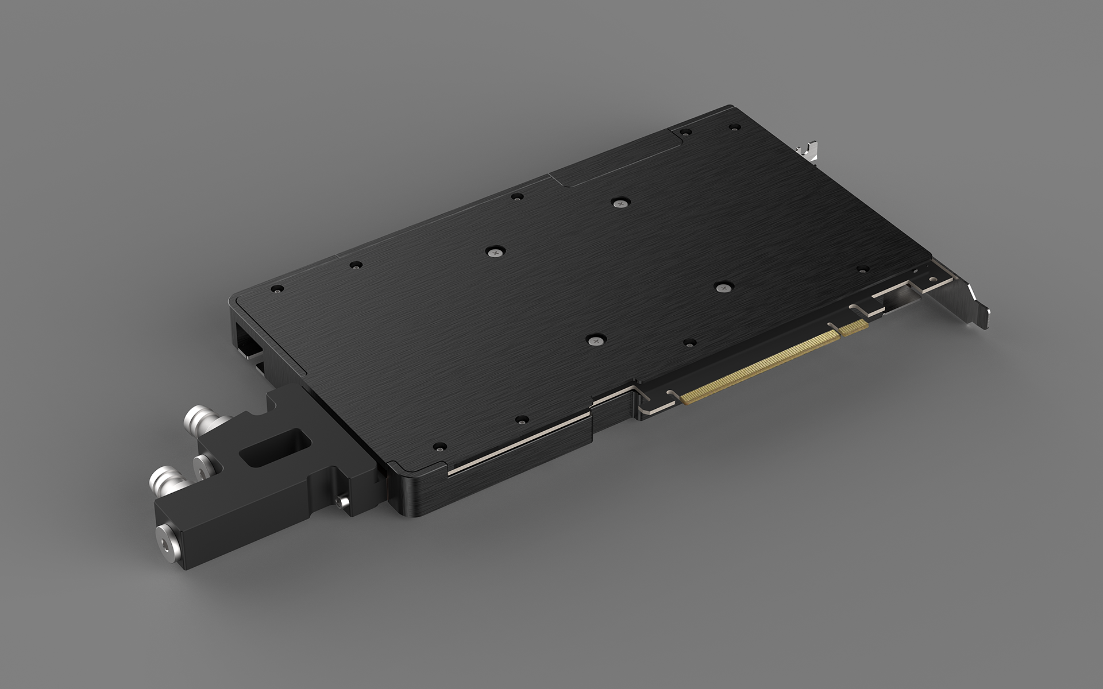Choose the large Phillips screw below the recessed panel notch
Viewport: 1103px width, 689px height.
[x=618, y=202]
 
